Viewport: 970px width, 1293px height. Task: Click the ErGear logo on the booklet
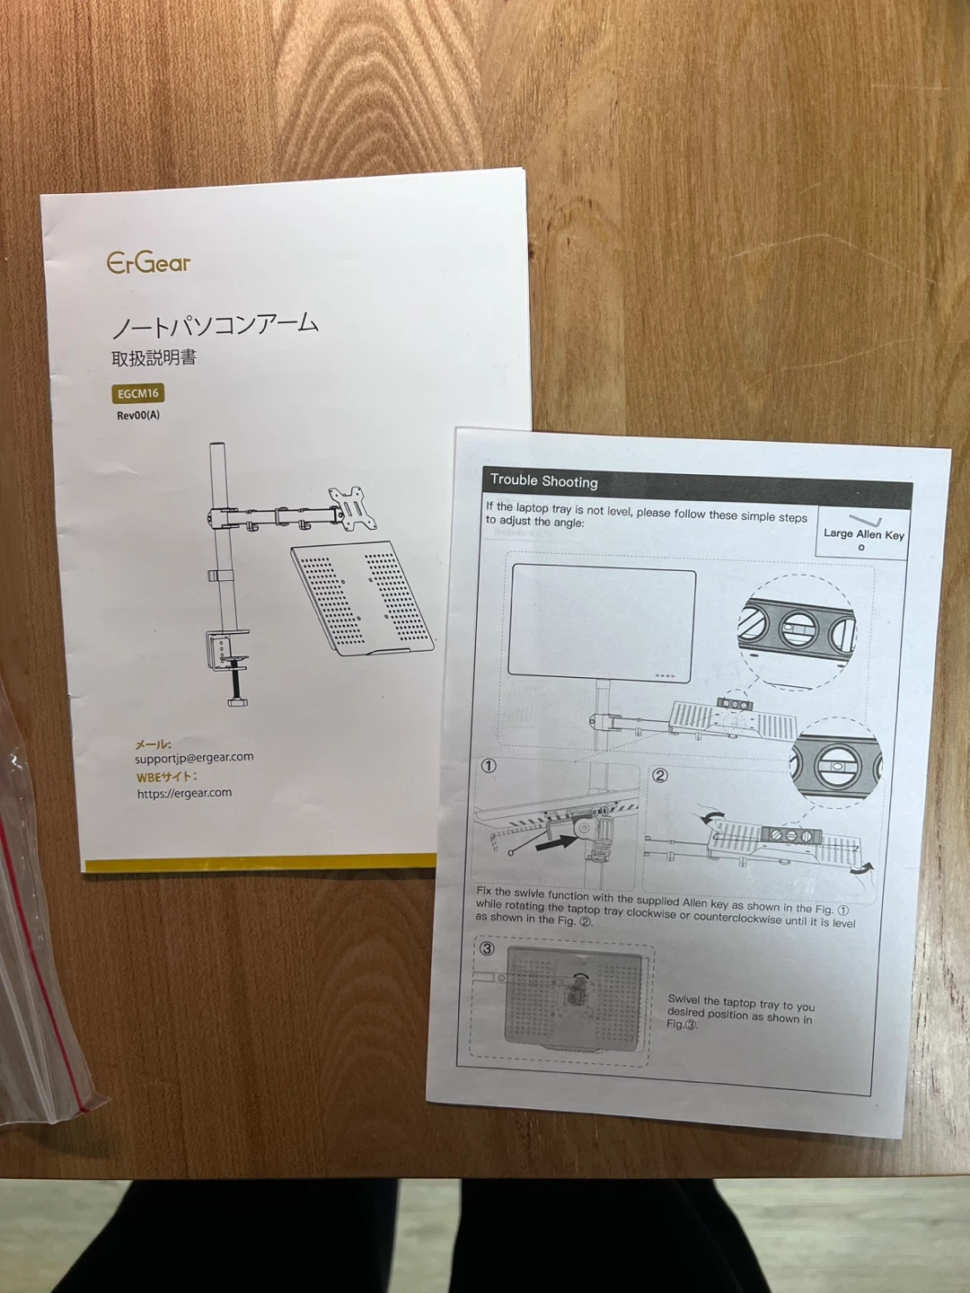coord(148,263)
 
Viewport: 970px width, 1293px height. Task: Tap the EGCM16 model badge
coord(137,393)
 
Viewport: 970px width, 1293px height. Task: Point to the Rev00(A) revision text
coord(137,416)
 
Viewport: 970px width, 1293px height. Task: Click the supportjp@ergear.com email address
coord(194,758)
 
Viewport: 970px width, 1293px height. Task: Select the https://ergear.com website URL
coord(184,793)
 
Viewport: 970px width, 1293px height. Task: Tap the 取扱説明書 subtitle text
coord(154,358)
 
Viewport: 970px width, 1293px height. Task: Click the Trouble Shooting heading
coord(543,481)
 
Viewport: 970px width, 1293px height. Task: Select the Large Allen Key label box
coord(863,532)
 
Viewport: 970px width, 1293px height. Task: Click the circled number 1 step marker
coord(489,766)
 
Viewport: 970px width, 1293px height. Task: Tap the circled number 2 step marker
coord(659,775)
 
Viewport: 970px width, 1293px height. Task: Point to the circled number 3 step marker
coord(487,949)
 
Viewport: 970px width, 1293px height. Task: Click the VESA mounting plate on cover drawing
coord(353,508)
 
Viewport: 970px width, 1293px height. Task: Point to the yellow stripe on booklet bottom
coord(260,864)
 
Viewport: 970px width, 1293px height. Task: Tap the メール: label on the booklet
coord(153,745)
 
